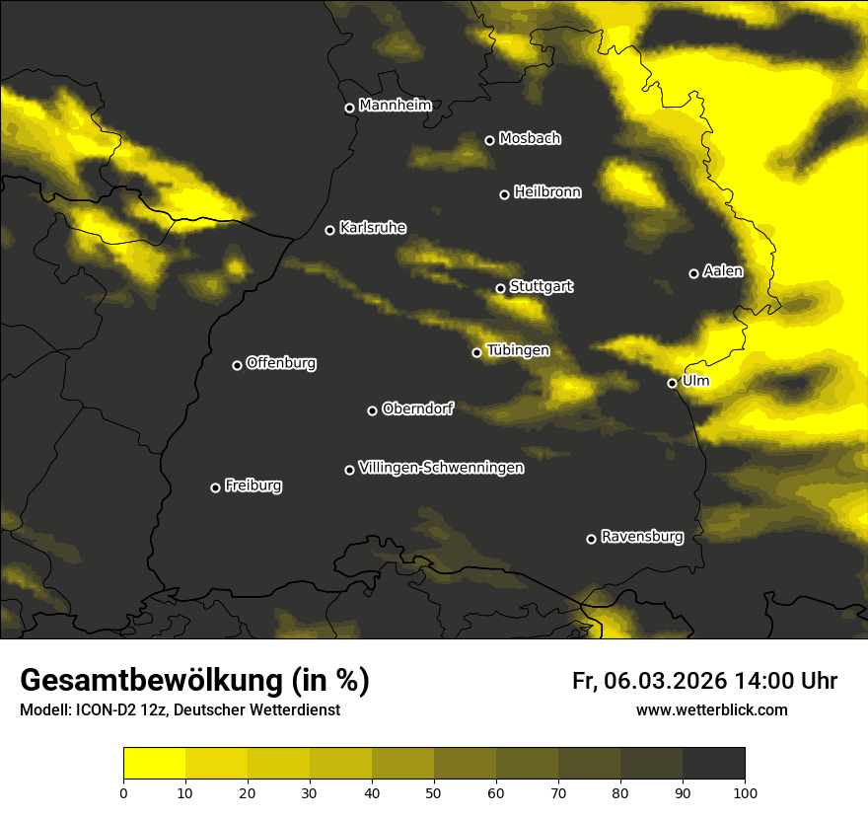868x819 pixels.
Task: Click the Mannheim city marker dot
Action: click(349, 109)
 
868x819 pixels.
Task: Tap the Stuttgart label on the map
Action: click(541, 286)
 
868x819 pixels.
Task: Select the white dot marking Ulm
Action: click(672, 383)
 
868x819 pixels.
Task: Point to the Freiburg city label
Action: click(253, 485)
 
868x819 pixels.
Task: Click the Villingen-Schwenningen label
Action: click(441, 468)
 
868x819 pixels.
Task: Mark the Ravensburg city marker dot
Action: click(591, 539)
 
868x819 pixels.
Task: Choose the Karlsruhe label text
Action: click(372, 228)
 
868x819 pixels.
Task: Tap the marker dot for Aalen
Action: click(693, 273)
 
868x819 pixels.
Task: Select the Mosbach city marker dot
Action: click(489, 140)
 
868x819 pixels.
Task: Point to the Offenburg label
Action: click(281, 363)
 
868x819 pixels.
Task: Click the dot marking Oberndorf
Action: click(372, 410)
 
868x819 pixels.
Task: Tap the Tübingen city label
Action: click(518, 350)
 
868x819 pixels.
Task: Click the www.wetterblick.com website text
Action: click(711, 709)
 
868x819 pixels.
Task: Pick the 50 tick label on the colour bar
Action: click(434, 791)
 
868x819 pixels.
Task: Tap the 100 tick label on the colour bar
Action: click(745, 791)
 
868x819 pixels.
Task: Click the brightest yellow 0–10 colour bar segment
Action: click(154, 763)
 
